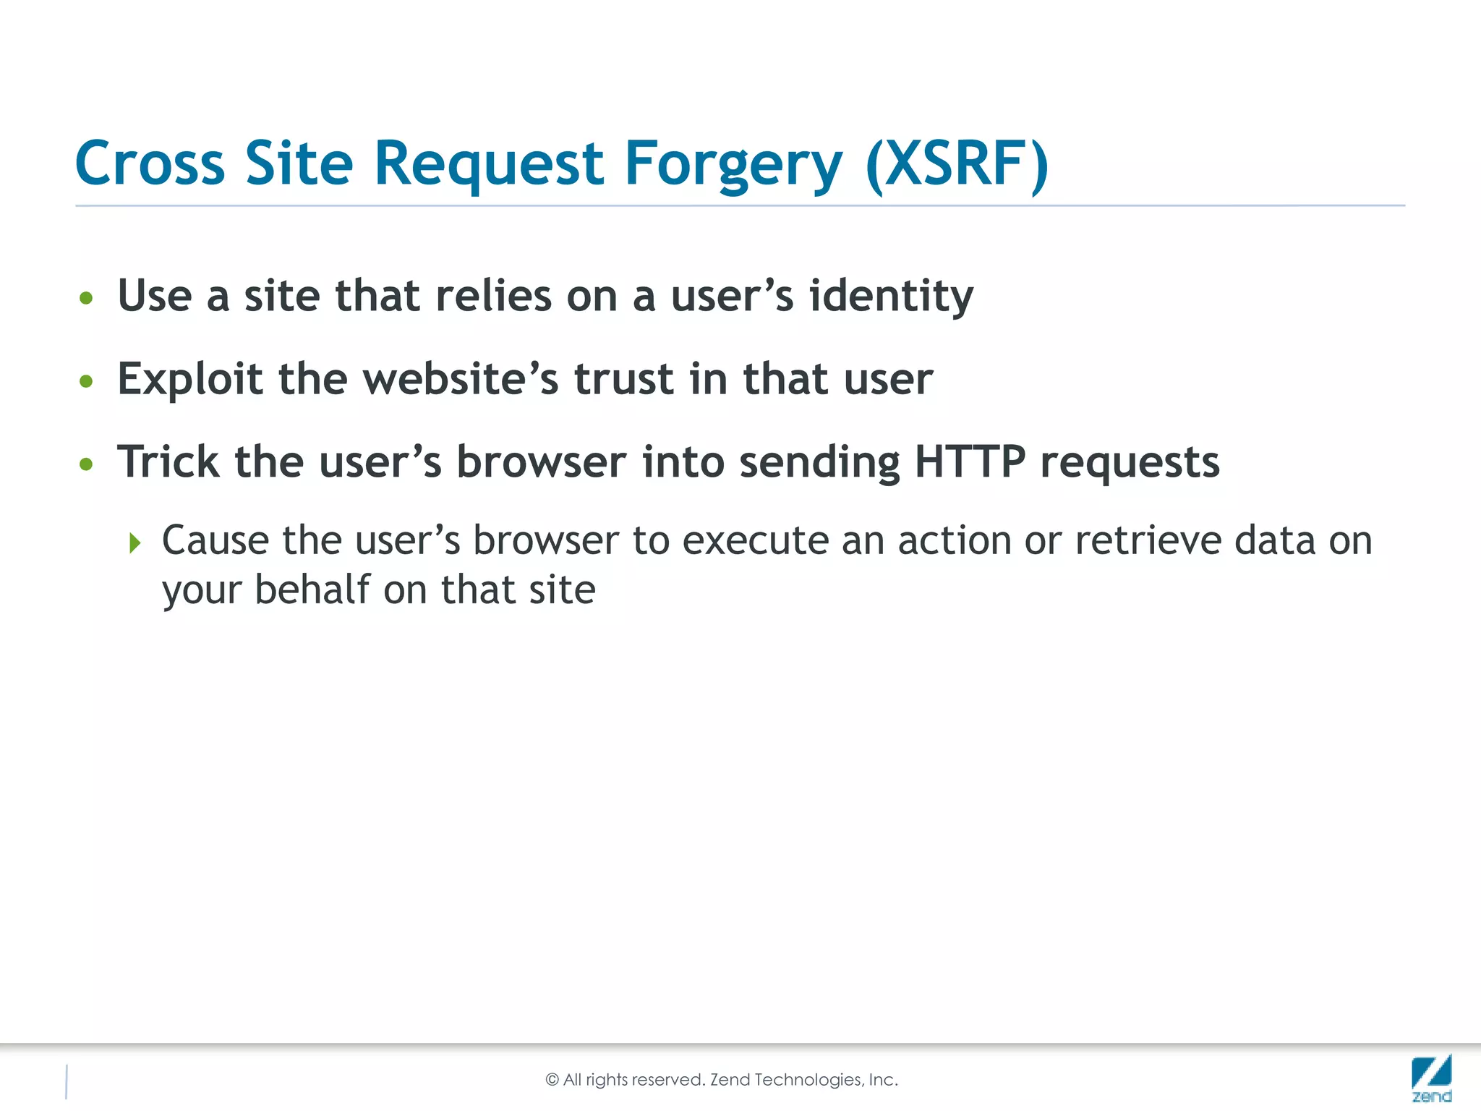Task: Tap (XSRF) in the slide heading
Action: point(957,165)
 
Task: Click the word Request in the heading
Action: point(488,165)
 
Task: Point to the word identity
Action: point(891,297)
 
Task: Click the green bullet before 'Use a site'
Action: point(87,298)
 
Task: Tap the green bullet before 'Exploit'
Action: point(87,381)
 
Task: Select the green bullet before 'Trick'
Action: point(87,464)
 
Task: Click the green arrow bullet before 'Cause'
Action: point(135,542)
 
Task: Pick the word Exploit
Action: point(189,380)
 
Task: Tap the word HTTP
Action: point(970,461)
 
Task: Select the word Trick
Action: point(168,461)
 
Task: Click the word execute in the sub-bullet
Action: point(748,541)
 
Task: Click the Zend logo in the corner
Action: point(1431,1078)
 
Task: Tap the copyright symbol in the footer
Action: point(552,1080)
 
